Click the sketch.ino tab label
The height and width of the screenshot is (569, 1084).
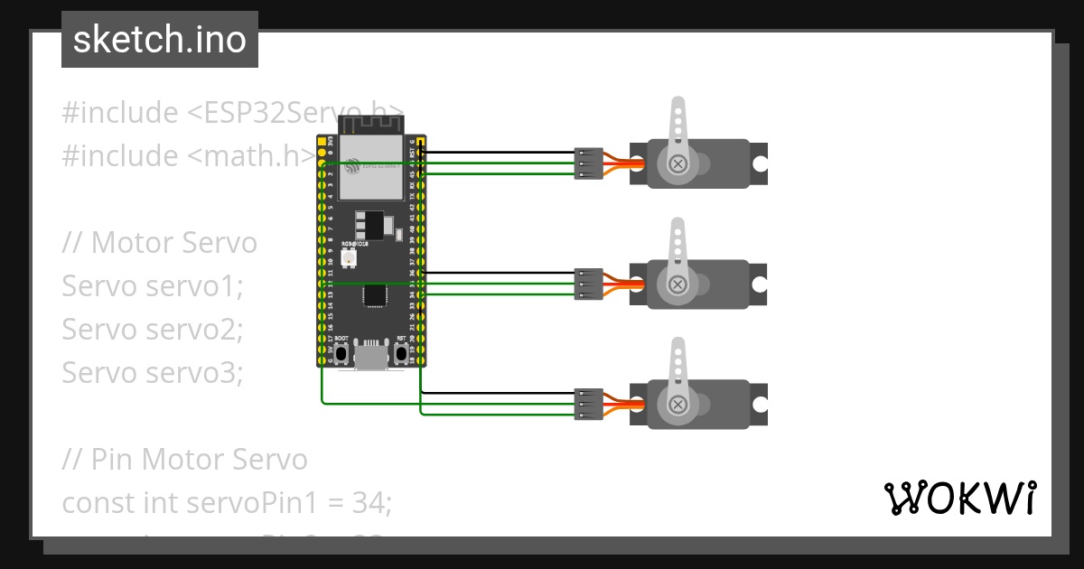pos(160,40)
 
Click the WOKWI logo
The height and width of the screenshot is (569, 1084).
pos(959,498)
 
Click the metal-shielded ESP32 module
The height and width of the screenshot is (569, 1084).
pos(370,167)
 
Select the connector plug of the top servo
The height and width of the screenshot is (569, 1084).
pos(588,163)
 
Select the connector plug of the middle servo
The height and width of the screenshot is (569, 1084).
pos(588,284)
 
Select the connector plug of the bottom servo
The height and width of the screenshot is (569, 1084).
pos(588,404)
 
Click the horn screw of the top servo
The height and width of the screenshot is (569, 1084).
pos(677,163)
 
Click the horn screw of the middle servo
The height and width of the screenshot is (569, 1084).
pos(677,284)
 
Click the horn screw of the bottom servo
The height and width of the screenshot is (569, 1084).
pos(677,404)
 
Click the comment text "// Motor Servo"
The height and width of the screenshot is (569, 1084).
pos(160,243)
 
